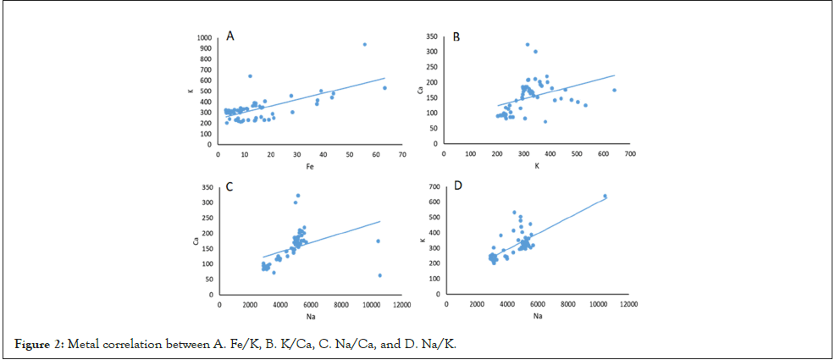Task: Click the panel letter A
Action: [x=229, y=35]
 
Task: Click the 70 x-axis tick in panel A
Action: [x=401, y=154]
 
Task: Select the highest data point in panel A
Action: [x=364, y=45]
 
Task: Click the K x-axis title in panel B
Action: [x=536, y=165]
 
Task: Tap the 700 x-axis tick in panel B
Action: [x=630, y=154]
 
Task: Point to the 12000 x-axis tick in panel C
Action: [x=402, y=305]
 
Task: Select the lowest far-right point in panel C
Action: [x=379, y=275]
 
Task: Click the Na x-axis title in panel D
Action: [x=537, y=316]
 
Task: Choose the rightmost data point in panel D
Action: [x=605, y=197]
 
